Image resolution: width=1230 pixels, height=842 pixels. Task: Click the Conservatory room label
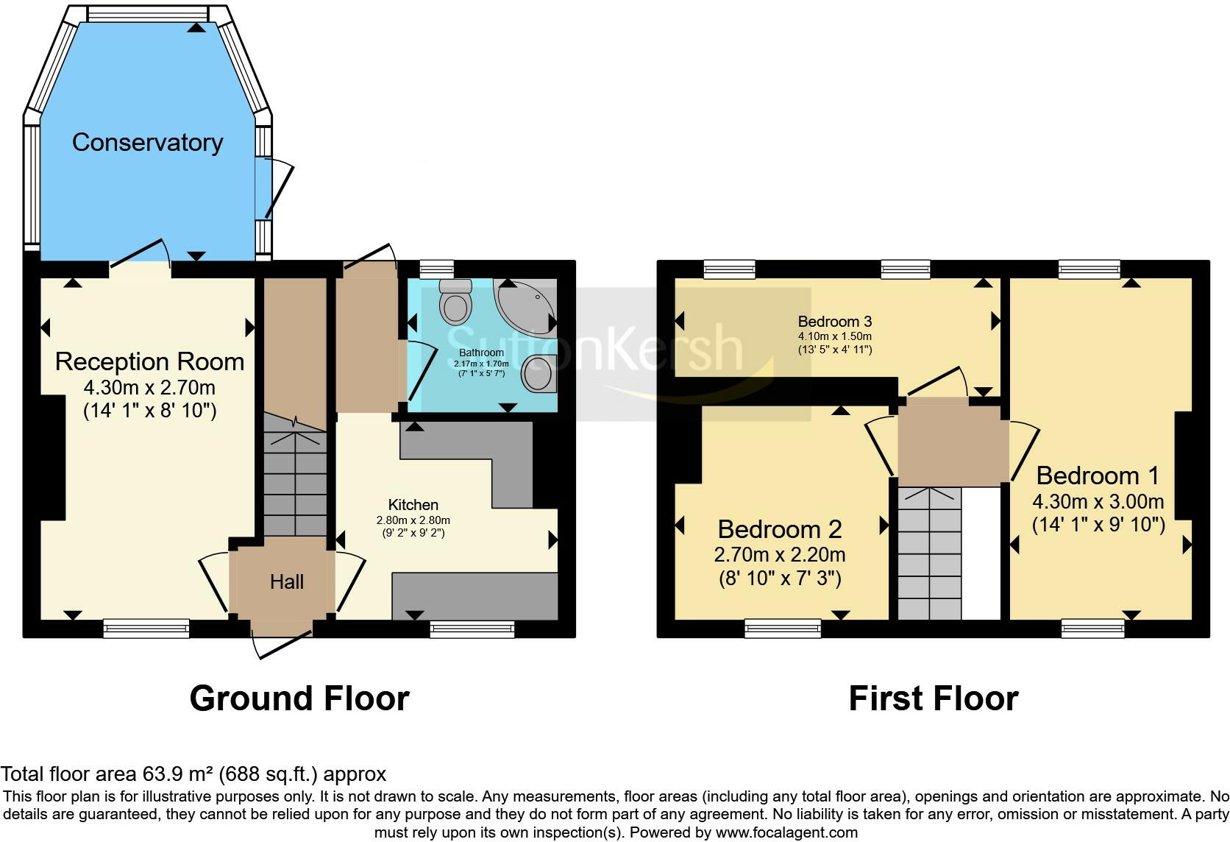pyautogui.click(x=147, y=142)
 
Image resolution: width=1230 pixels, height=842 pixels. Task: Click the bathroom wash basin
pyautogui.click(x=538, y=374)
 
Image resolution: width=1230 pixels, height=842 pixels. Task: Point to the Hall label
pyautogui.click(x=286, y=582)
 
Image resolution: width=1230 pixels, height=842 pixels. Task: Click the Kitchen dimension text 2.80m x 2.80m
pyautogui.click(x=413, y=520)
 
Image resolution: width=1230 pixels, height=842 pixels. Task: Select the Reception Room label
pyautogui.click(x=149, y=361)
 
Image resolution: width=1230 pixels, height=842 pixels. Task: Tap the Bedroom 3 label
pyautogui.click(x=834, y=322)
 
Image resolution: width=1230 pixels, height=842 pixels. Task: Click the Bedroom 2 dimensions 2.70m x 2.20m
pyautogui.click(x=779, y=554)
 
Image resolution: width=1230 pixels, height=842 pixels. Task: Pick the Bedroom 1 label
pyautogui.click(x=1098, y=475)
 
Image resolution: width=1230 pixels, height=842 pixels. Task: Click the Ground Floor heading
pyautogui.click(x=299, y=698)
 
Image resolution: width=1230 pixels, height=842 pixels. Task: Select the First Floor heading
pyautogui.click(x=933, y=698)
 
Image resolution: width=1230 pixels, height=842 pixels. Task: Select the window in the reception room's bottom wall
pyautogui.click(x=146, y=628)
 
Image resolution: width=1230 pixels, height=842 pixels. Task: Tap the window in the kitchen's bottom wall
pyautogui.click(x=472, y=628)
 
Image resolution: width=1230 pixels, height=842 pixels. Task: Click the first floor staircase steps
pyautogui.click(x=929, y=552)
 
